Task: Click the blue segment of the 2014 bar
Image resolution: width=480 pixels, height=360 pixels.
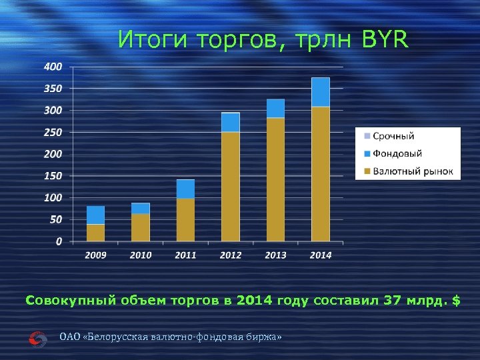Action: [320, 92]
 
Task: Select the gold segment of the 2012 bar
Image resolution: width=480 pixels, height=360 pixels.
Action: [230, 187]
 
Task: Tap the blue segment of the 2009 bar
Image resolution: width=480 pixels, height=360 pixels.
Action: [95, 215]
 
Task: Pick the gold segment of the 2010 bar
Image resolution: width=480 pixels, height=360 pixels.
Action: [140, 227]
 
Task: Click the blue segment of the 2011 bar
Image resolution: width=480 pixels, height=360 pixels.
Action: [185, 189]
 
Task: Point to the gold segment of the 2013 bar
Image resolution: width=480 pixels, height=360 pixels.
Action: [275, 180]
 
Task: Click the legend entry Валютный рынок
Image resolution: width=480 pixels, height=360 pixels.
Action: [406, 171]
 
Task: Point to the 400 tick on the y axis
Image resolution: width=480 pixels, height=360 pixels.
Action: [53, 67]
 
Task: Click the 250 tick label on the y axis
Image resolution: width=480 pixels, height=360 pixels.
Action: [53, 132]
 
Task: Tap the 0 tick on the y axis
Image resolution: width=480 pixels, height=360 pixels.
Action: [59, 241]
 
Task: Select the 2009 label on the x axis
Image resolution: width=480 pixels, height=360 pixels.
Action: [95, 255]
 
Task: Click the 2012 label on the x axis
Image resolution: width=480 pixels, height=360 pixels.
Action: [230, 255]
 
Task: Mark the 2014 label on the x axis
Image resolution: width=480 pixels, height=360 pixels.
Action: [320, 255]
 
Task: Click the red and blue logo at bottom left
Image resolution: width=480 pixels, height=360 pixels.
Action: [38, 339]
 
